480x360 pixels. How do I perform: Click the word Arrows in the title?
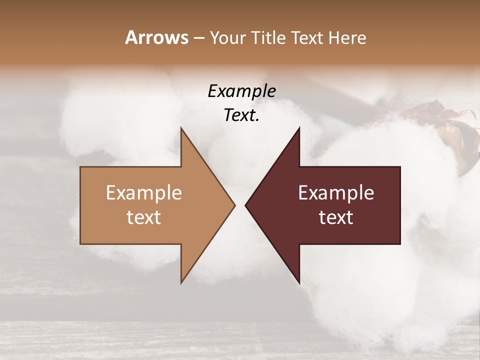coord(156,37)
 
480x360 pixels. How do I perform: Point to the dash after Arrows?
coord(198,38)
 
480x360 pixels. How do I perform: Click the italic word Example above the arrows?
coord(241,91)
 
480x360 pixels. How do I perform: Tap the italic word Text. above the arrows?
coord(241,115)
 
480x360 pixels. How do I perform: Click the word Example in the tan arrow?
coord(143,192)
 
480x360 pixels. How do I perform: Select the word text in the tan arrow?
coord(143,217)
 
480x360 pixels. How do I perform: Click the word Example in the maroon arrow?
coord(336,192)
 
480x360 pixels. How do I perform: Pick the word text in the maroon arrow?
coord(336,217)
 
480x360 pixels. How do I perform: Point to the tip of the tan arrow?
coord(234,205)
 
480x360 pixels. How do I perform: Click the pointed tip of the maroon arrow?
coord(245,205)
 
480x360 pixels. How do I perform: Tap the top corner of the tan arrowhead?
coord(181,128)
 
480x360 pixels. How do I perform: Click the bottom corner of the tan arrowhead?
coord(181,282)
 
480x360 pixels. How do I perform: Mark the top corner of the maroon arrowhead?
coord(299,128)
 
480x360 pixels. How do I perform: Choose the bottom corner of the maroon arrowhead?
coord(299,282)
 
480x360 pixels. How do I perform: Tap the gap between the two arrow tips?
coord(240,205)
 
